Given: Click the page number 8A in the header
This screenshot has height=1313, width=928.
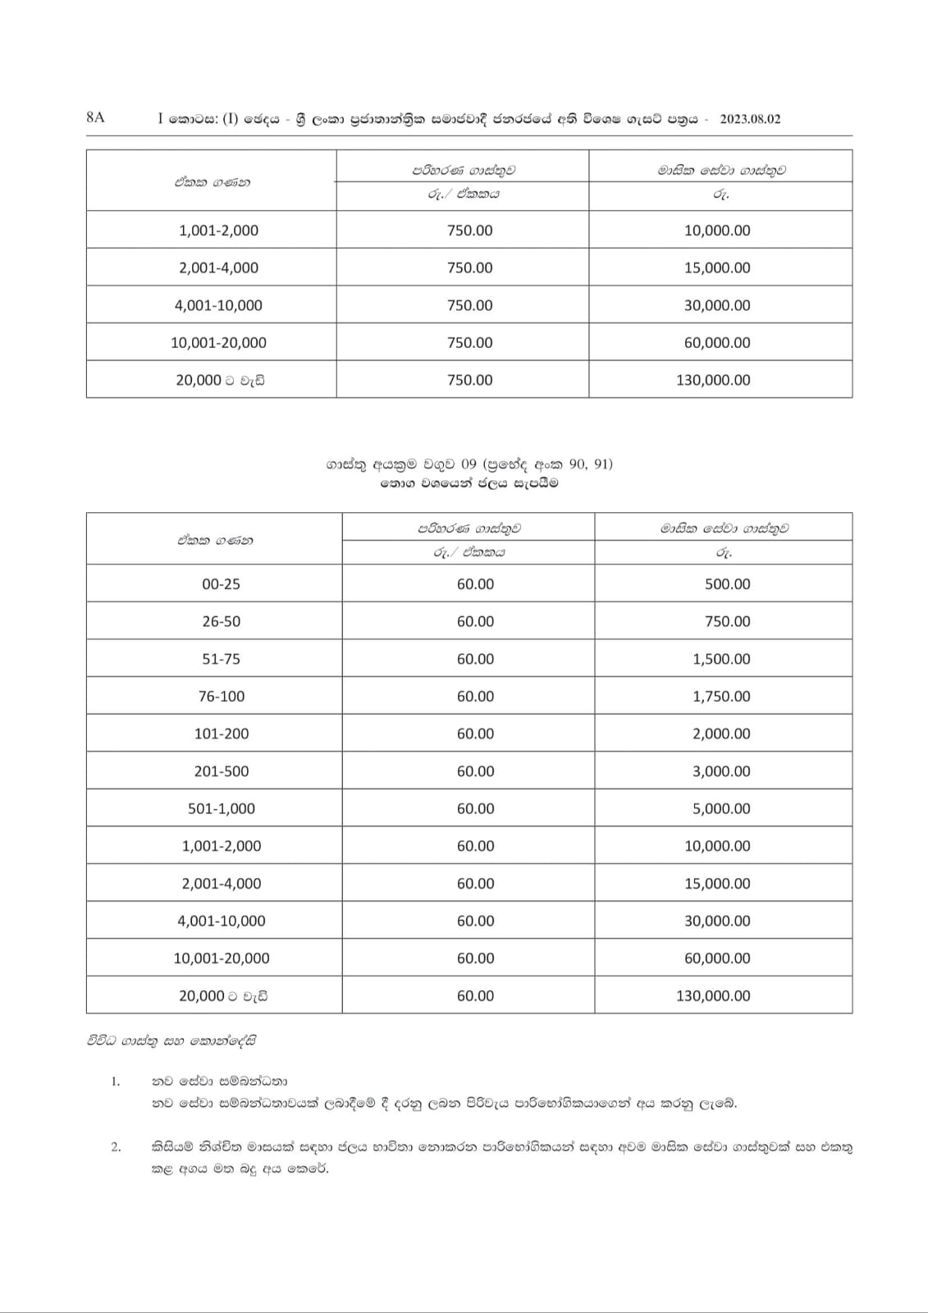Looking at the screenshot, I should pos(95,117).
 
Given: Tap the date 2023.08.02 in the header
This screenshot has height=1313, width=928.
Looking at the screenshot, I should pos(750,119).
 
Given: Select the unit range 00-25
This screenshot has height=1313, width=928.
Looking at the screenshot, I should pos(221,584).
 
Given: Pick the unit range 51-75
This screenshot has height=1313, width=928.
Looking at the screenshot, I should pos(221,659).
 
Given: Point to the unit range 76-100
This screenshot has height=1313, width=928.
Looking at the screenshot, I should pos(221,697).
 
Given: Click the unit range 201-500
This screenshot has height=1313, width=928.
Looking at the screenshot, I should pos(221,771).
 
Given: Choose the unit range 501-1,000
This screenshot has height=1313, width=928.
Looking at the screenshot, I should pos(221,809).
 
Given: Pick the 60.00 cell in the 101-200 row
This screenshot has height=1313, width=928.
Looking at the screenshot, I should pos(475,734).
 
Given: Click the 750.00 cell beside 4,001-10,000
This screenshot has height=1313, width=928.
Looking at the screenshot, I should pos(469,305).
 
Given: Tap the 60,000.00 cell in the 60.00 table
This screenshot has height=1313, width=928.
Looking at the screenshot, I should pos(717,958).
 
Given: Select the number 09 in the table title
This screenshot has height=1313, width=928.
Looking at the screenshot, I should pos(469,464).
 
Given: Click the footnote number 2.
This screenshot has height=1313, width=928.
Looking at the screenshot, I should pos(116,1147).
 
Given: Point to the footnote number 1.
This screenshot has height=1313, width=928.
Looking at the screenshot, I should pos(116,1082).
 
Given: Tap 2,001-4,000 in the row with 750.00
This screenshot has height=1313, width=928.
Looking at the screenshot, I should pos(218,268).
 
